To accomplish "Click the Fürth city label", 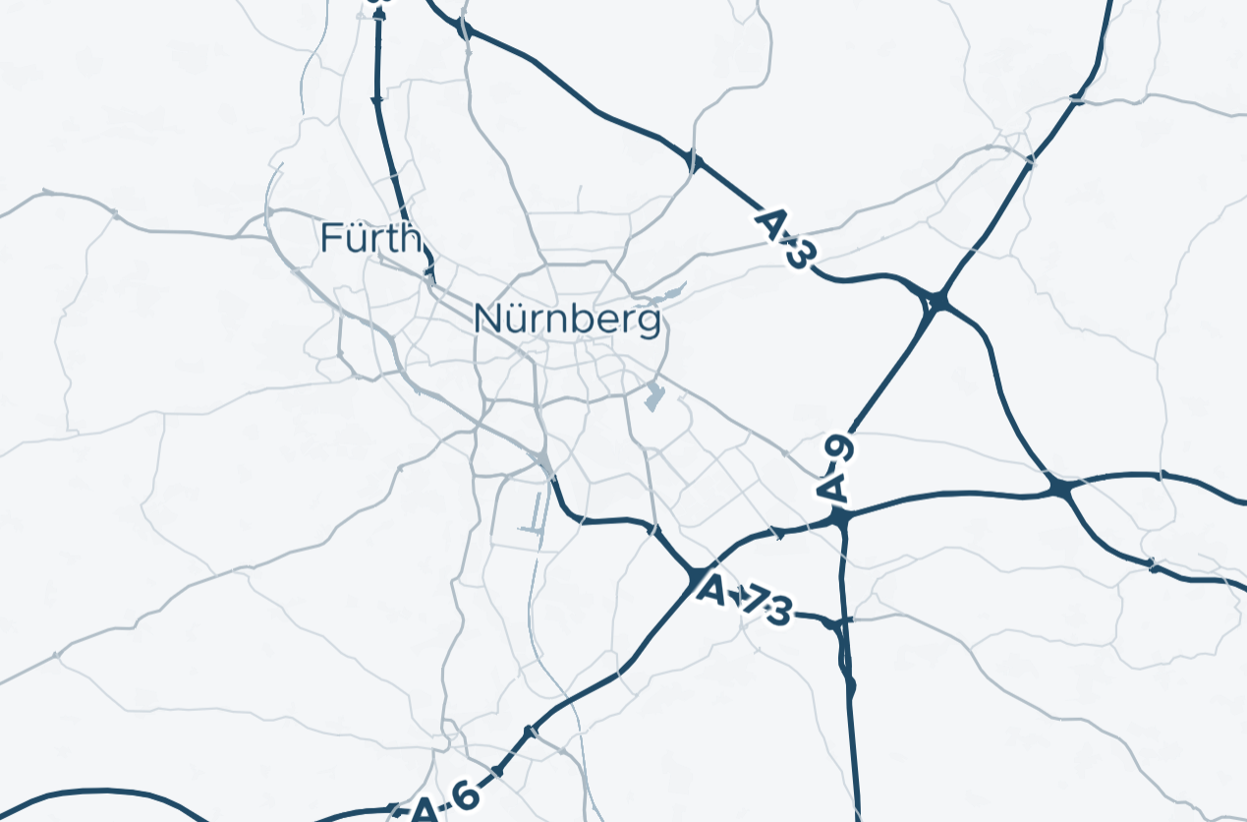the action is [x=370, y=238].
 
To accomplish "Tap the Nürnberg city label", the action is [x=566, y=320].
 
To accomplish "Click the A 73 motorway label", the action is [x=743, y=601].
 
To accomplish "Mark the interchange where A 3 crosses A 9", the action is [x=936, y=301].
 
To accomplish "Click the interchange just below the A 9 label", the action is [x=841, y=516].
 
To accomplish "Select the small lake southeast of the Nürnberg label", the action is [x=653, y=397].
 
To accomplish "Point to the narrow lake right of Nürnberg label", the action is [x=671, y=292].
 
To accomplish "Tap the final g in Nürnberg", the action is [x=648, y=323].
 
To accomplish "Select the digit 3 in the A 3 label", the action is [x=800, y=254].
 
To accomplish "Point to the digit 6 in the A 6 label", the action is [x=464, y=794].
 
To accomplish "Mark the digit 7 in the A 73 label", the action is [x=754, y=604].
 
